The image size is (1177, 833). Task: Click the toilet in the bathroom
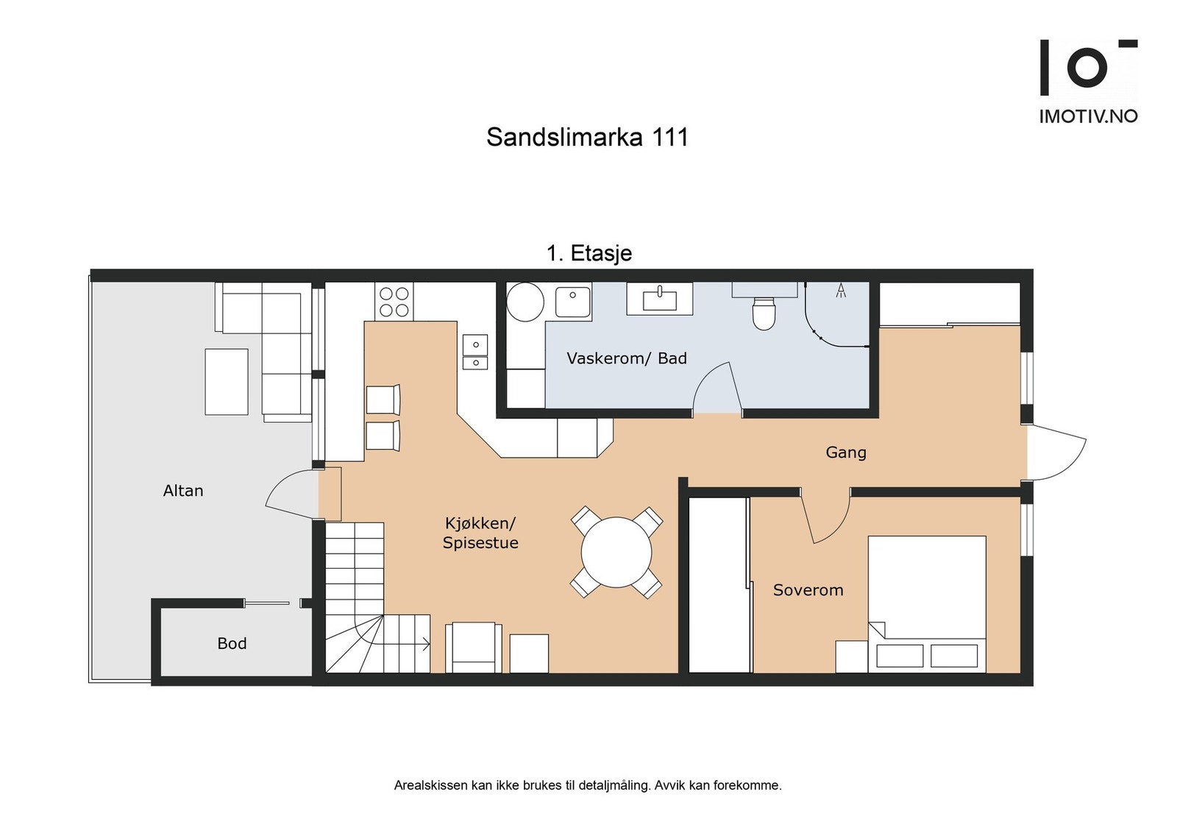click(x=764, y=313)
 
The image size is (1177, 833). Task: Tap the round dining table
click(x=616, y=552)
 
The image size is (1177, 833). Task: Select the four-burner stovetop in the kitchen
click(x=394, y=302)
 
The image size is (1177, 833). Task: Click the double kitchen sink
click(x=475, y=352)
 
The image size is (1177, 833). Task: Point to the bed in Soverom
click(x=926, y=603)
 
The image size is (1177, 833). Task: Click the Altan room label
click(x=183, y=491)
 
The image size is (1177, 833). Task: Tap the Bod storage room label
click(x=232, y=644)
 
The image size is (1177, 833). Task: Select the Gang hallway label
click(x=846, y=453)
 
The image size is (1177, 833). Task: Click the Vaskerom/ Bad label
click(x=627, y=358)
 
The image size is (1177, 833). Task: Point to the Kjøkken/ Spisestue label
click(x=480, y=533)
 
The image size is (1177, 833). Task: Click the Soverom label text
click(x=808, y=590)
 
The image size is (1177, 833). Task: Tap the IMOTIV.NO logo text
click(x=1088, y=116)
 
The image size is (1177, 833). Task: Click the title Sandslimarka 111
click(x=587, y=137)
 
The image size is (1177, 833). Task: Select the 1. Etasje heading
click(x=589, y=253)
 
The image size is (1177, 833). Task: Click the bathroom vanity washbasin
click(x=660, y=299)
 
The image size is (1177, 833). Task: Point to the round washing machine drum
click(x=525, y=301)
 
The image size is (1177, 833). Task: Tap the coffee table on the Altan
click(x=227, y=382)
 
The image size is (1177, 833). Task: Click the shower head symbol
click(x=841, y=291)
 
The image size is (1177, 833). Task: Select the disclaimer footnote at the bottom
click(x=588, y=785)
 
